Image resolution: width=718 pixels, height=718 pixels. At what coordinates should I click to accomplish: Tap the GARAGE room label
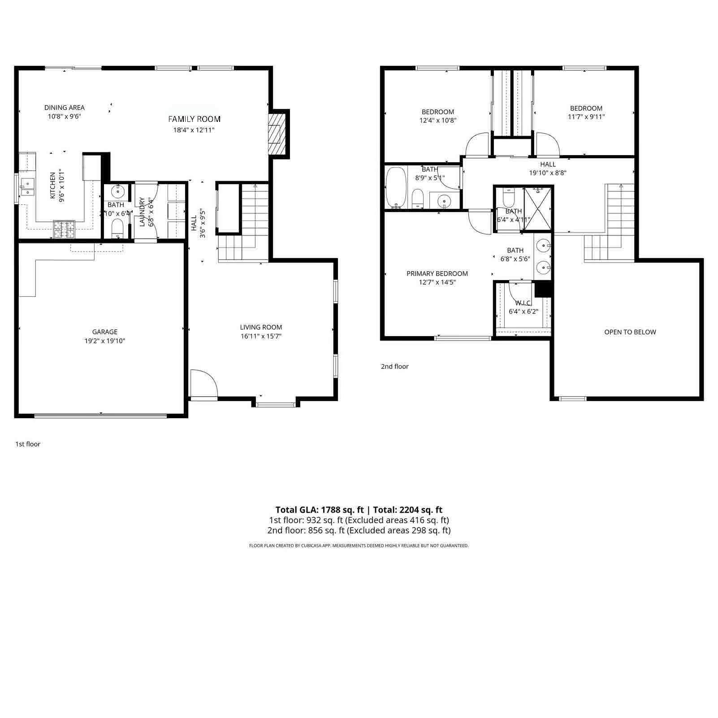tap(105, 332)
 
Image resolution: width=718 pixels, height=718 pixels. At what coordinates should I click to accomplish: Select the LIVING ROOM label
tap(261, 328)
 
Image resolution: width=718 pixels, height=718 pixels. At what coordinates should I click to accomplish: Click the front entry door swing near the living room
tap(203, 383)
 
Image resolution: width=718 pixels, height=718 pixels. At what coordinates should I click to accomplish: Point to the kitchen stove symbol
tap(64, 229)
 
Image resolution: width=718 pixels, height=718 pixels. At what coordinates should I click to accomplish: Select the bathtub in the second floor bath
tap(396, 187)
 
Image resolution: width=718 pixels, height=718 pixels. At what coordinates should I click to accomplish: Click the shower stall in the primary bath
tap(537, 209)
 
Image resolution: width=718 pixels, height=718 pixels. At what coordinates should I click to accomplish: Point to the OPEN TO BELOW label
tap(630, 332)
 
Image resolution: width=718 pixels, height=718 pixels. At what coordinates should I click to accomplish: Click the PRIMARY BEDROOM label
tap(437, 274)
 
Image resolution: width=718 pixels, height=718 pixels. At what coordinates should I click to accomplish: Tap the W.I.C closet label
tap(523, 303)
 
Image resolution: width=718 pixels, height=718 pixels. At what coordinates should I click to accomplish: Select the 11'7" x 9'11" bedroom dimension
tap(586, 117)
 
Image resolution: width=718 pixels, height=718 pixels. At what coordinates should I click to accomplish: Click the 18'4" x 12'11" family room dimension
tap(194, 130)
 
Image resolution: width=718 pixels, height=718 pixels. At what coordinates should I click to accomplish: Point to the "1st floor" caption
tap(28, 444)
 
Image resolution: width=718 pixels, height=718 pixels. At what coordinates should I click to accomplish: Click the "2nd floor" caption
tap(394, 367)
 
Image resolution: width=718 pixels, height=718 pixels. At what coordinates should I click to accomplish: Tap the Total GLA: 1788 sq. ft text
tap(319, 510)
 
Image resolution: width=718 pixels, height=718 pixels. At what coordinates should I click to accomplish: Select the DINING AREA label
tap(65, 108)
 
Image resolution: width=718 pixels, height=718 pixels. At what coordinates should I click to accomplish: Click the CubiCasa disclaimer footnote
tap(359, 546)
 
